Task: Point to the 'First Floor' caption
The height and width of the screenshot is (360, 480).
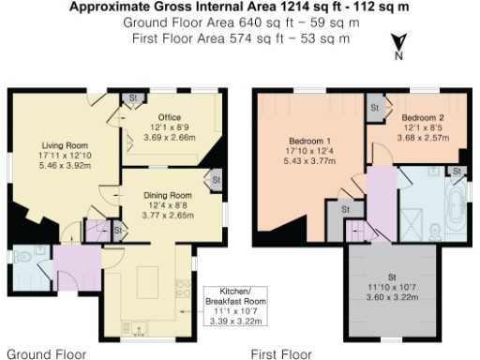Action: pos(282,354)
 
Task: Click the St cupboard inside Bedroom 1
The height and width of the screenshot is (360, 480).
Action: pos(346,208)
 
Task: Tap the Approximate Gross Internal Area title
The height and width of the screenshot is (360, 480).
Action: pos(240,7)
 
